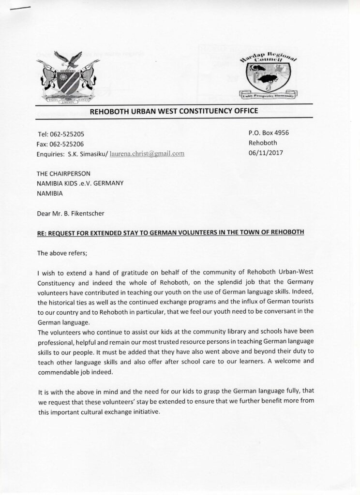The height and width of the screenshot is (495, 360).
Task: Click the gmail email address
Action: tap(148, 154)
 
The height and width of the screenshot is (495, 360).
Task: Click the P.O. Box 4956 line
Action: tap(268, 132)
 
